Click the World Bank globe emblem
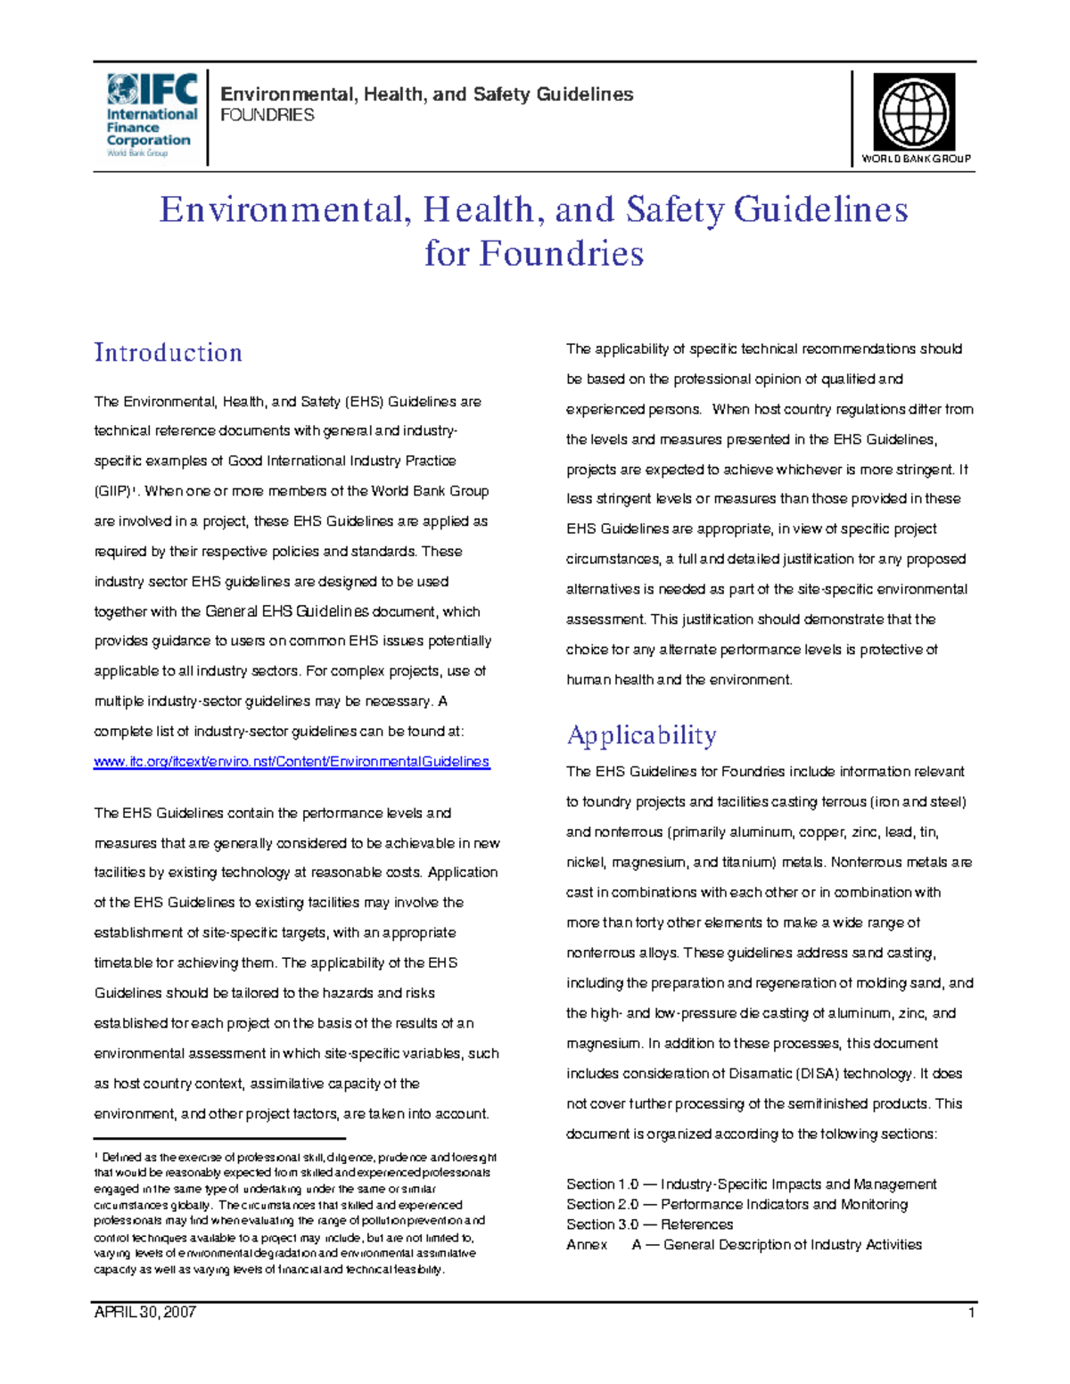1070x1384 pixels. (914, 112)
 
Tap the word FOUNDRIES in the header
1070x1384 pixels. (267, 115)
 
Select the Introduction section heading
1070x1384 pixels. (169, 353)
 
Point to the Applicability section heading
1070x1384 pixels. (641, 735)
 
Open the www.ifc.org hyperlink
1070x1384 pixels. (292, 762)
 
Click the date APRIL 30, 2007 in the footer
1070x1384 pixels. (144, 1313)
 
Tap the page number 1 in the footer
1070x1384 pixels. (971, 1313)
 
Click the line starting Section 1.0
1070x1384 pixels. (751, 1184)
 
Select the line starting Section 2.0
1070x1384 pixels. (737, 1205)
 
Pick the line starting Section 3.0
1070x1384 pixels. (649, 1224)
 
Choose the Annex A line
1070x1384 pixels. (744, 1245)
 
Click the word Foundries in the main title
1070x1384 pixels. (561, 254)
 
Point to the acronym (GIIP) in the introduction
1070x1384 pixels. (112, 492)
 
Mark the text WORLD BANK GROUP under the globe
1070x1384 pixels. (916, 159)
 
